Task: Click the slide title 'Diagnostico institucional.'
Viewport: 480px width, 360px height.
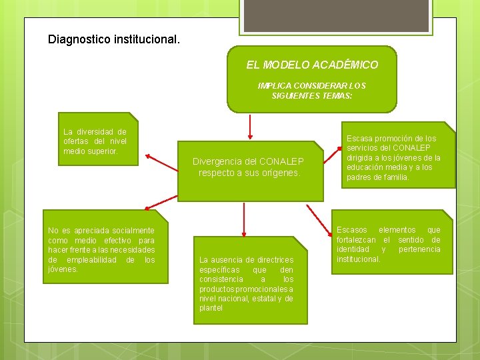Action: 114,39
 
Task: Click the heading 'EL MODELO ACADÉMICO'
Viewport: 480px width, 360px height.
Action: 312,65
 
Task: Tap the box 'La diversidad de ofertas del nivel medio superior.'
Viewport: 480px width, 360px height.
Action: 95,141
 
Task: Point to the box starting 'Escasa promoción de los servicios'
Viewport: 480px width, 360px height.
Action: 393,158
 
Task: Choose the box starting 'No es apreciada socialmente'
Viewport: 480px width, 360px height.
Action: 101,249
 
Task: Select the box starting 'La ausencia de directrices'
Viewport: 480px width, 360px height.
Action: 246,283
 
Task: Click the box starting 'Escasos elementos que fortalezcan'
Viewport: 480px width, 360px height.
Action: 388,244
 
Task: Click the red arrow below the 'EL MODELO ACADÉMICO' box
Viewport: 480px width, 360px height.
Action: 249,126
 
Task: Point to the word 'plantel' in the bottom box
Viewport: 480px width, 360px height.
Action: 211,308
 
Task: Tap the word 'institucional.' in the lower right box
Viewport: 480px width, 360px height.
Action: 359,259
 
